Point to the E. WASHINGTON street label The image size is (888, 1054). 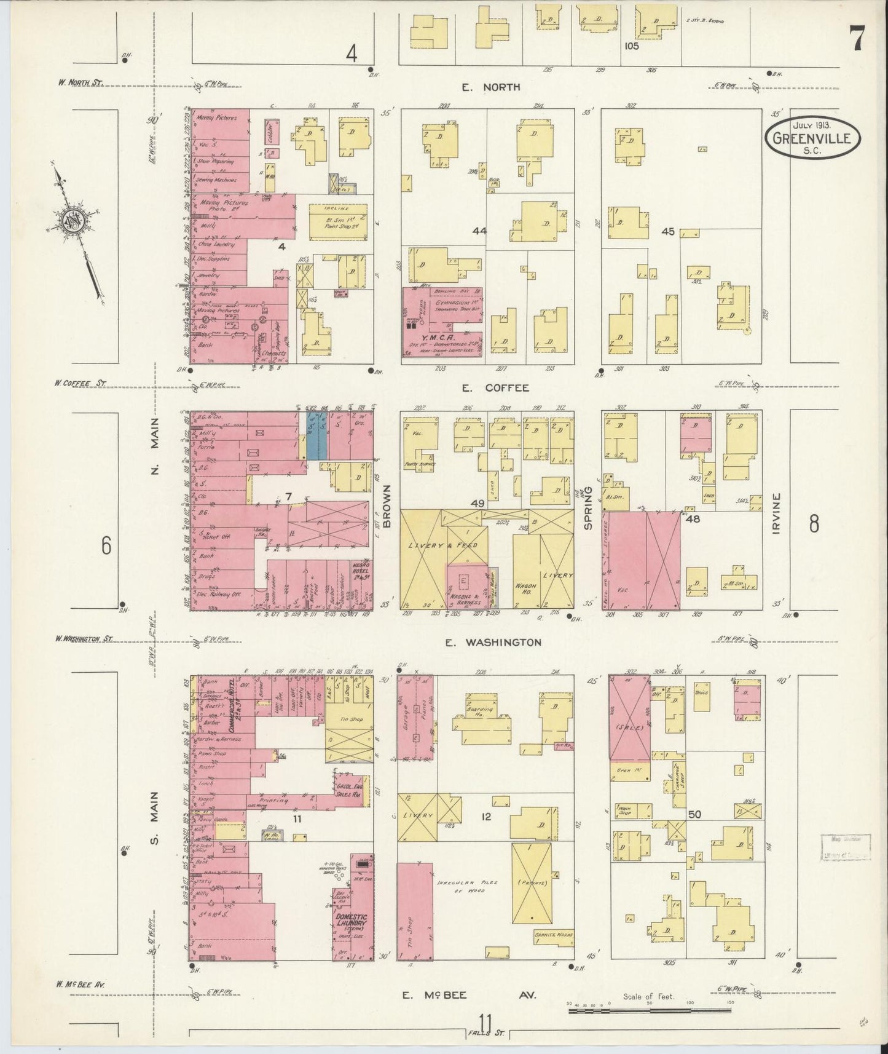[x=493, y=643]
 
